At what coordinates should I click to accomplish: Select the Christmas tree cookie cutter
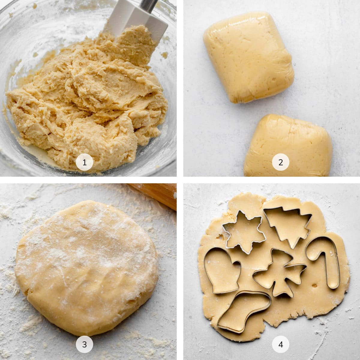tap(284, 223)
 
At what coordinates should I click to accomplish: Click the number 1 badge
tap(84, 163)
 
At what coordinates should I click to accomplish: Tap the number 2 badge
tap(280, 163)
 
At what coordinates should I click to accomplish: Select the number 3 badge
tap(84, 345)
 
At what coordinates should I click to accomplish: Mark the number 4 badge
tap(280, 345)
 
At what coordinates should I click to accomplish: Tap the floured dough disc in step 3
tap(87, 264)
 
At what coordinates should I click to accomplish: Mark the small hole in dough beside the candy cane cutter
tap(315, 267)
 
